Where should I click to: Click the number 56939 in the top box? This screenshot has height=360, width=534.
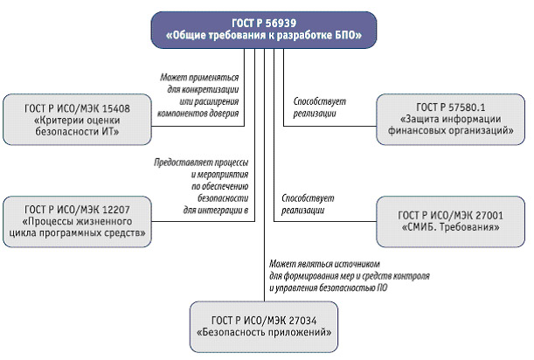[281, 23]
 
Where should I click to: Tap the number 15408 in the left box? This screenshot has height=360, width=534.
[115, 108]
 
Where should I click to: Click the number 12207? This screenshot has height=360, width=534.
[115, 210]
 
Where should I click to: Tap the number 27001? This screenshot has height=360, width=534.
[489, 215]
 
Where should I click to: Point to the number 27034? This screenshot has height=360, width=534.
[302, 321]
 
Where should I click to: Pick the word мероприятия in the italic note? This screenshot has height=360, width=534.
[223, 175]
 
